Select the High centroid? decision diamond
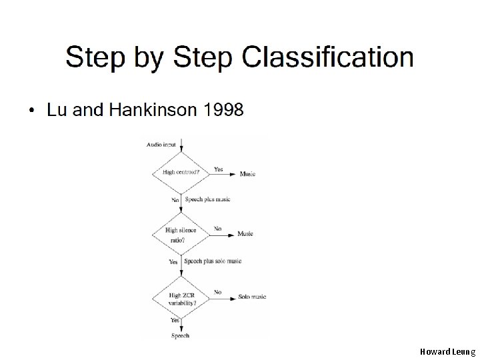pyautogui.click(x=181, y=173)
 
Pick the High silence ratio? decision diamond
pyautogui.click(x=181, y=235)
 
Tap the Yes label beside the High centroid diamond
pyautogui.click(x=218, y=169)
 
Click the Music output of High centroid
pyautogui.click(x=248, y=174)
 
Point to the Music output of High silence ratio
pyautogui.click(x=245, y=234)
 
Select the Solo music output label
pyautogui.click(x=252, y=296)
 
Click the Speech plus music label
pyautogui.click(x=207, y=199)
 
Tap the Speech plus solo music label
pyautogui.click(x=213, y=261)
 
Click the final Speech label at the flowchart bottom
pyautogui.click(x=181, y=335)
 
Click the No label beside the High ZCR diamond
pyautogui.click(x=218, y=292)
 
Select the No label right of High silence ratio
pyautogui.click(x=218, y=229)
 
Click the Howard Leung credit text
pyautogui.click(x=447, y=350)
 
